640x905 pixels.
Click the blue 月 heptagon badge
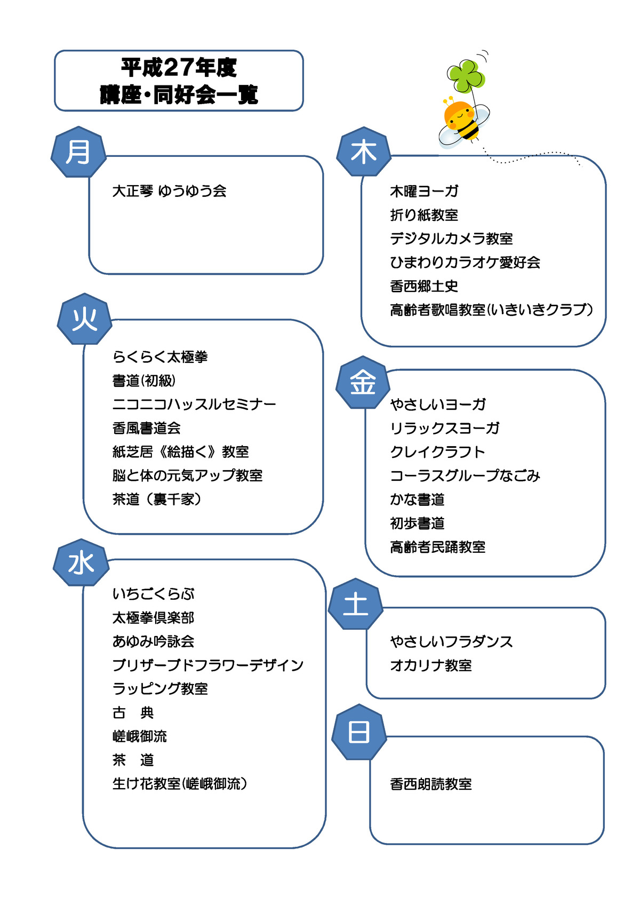point(78,152)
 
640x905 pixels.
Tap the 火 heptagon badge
point(85,319)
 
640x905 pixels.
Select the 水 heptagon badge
point(81,562)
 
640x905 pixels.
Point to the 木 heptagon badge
point(364,152)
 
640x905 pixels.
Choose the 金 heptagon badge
point(363,382)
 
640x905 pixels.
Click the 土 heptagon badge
point(356,604)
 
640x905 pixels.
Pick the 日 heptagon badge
point(359,732)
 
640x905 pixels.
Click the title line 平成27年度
point(179,67)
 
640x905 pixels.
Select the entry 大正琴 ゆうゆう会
point(169,190)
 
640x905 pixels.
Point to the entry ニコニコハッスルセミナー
point(194,403)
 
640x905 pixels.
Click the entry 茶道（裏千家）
point(157,499)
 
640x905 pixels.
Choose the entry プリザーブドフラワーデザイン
point(208,665)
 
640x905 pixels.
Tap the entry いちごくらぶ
point(154,593)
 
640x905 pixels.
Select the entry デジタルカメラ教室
point(451,239)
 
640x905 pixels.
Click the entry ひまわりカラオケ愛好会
point(465,262)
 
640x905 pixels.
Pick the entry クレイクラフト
point(438,451)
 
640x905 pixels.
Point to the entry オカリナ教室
point(431,665)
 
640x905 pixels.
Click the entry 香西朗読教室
point(431,784)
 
